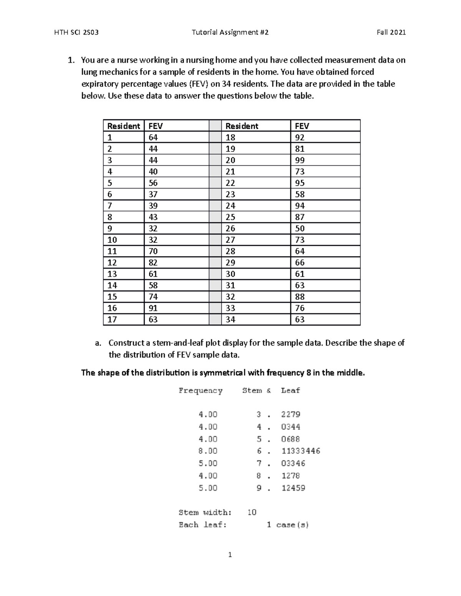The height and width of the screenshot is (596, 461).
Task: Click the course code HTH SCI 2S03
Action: pyautogui.click(x=77, y=32)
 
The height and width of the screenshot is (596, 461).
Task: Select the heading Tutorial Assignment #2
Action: pyautogui.click(x=230, y=32)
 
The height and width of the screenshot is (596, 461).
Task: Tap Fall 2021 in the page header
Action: pyautogui.click(x=391, y=32)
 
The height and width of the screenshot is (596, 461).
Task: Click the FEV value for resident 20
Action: pyautogui.click(x=300, y=160)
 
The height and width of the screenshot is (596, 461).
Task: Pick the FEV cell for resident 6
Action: pyautogui.click(x=153, y=194)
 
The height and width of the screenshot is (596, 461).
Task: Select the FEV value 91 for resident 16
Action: pyautogui.click(x=153, y=308)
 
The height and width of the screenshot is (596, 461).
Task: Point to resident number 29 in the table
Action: pyautogui.click(x=230, y=263)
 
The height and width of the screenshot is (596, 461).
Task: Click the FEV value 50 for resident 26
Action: pyautogui.click(x=300, y=228)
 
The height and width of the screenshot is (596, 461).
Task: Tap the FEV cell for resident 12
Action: pyautogui.click(x=153, y=263)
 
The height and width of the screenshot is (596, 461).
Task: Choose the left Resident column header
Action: pyautogui.click(x=123, y=126)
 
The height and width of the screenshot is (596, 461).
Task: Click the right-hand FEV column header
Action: pyautogui.click(x=302, y=126)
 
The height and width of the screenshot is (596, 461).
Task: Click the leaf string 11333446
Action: pyautogui.click(x=300, y=451)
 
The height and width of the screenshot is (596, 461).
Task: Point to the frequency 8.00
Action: pyautogui.click(x=208, y=451)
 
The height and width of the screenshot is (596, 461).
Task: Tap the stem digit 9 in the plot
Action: pyautogui.click(x=259, y=488)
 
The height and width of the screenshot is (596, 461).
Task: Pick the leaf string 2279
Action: pyautogui.click(x=290, y=414)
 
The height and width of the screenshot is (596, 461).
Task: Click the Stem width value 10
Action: pyautogui.click(x=252, y=512)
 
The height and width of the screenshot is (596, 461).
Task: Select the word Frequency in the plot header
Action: pyautogui.click(x=200, y=390)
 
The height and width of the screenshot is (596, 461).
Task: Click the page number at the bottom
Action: pyautogui.click(x=230, y=555)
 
